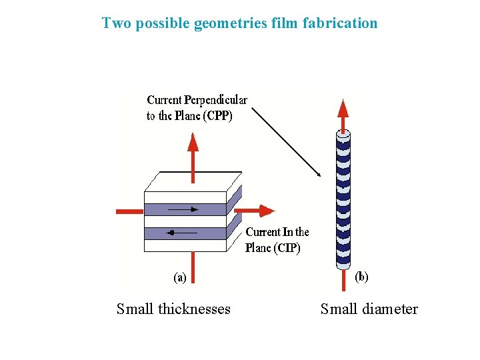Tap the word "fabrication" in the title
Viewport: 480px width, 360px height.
[340, 23]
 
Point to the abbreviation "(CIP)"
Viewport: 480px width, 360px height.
[287, 248]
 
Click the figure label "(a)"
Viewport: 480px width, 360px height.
[180, 277]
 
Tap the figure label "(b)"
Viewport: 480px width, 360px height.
[361, 276]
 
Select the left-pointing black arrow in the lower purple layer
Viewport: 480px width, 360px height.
[181, 233]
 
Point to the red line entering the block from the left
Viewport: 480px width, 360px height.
[130, 211]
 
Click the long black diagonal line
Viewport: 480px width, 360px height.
[287, 140]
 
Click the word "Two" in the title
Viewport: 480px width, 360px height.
[114, 23]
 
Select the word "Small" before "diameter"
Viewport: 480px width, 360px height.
[338, 309]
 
